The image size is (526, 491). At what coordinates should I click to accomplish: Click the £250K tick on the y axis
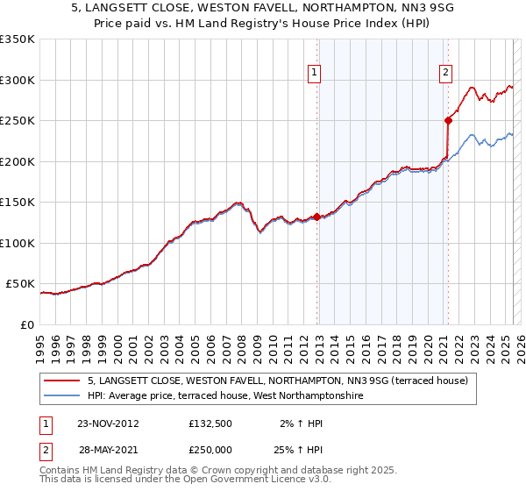pos(18,121)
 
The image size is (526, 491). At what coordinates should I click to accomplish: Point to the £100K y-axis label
pos(18,243)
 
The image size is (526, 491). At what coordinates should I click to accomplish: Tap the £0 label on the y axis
pos(27,324)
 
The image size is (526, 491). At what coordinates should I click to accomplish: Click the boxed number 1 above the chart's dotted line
pos(314,73)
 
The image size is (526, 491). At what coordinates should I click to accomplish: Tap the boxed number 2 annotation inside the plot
pos(445,73)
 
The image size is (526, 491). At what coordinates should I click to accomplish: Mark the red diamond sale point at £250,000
pos(448,121)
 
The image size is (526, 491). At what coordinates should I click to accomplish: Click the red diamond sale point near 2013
pos(316,217)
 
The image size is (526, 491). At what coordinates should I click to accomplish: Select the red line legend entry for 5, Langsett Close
pos(278,381)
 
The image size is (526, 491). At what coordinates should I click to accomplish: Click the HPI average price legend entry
pos(224,396)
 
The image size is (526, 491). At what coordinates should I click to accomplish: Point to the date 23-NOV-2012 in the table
pos(107,423)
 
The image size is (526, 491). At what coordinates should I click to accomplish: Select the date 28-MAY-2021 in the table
pos(107,450)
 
